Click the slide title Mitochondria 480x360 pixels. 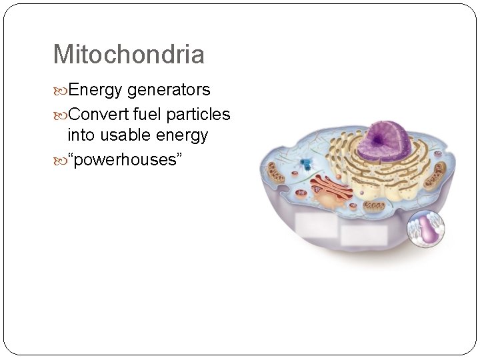(x=129, y=55)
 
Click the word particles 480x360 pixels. (x=198, y=115)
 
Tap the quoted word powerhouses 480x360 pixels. (x=125, y=161)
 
